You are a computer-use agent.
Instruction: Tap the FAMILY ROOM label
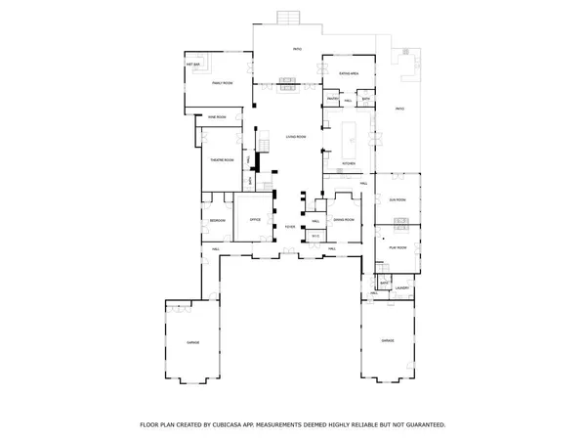point(222,83)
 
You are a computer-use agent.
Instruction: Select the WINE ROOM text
point(217,116)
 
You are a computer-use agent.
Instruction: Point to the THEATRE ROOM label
point(222,159)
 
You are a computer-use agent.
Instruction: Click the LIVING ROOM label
point(296,137)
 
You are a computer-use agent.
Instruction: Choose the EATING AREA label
point(349,73)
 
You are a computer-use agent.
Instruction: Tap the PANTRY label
point(332,100)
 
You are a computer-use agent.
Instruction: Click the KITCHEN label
point(349,163)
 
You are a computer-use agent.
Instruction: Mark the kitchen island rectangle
point(350,133)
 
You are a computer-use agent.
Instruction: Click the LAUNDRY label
point(400,288)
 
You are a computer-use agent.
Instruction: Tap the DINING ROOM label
point(342,220)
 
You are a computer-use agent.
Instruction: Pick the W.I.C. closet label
point(314,238)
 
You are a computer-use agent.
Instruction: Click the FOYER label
point(290,228)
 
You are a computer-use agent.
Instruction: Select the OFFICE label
point(255,220)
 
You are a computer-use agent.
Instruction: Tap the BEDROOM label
point(217,220)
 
